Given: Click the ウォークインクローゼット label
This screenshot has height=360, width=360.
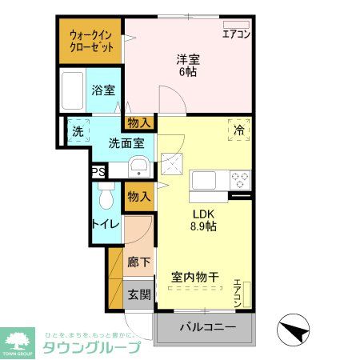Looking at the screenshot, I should [90, 41].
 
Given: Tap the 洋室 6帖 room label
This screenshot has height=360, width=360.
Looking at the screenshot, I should [187, 64].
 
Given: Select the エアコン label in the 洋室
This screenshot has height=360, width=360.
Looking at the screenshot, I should [236, 34].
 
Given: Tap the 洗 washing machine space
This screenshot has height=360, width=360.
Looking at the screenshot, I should [78, 131].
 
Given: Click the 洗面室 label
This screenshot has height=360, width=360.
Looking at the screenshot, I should [126, 143].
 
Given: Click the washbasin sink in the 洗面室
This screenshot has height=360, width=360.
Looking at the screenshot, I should [138, 169].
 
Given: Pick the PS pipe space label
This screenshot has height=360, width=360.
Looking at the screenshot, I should [98, 172].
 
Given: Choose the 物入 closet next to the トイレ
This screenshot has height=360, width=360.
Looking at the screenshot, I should [138, 196].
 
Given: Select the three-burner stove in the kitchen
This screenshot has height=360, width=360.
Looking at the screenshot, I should [239, 178].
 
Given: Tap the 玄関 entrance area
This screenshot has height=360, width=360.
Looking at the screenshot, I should [139, 294].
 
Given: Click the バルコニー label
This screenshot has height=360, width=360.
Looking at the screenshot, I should [206, 327].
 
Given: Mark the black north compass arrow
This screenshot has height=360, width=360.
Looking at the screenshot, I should [292, 330].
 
